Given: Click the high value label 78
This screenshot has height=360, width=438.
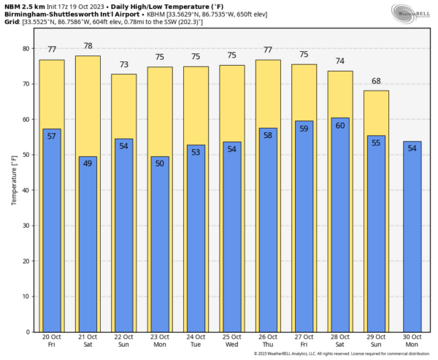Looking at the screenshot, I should tap(88, 47).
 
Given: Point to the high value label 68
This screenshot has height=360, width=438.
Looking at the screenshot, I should tap(376, 82).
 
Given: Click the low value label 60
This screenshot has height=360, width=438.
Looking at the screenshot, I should tap(339, 126).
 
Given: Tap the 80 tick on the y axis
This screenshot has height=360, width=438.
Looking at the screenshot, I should tap(26, 48).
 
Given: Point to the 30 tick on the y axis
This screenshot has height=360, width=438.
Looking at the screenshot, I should tap(26, 226).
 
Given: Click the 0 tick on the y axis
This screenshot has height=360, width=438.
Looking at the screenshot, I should tap(28, 332).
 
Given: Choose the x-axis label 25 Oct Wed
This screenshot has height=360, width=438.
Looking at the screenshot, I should tap(231, 342).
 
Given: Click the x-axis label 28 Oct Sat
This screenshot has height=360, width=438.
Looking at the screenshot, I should tap(339, 342).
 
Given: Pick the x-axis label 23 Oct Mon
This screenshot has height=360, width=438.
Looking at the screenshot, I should tap(160, 342).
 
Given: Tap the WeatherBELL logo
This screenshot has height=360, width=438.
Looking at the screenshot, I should tap(412, 12).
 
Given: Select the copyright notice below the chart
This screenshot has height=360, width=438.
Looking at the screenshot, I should tap(343, 354).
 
